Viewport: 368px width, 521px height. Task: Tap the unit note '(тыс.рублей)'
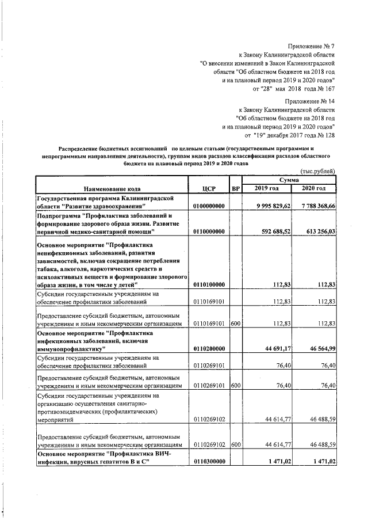click(x=318, y=172)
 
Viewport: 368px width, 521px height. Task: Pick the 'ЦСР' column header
click(x=209, y=188)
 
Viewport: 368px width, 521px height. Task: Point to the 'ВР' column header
click(x=234, y=188)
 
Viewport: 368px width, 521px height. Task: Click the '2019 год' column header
click(x=266, y=188)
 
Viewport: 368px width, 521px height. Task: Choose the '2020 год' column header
click(x=314, y=188)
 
